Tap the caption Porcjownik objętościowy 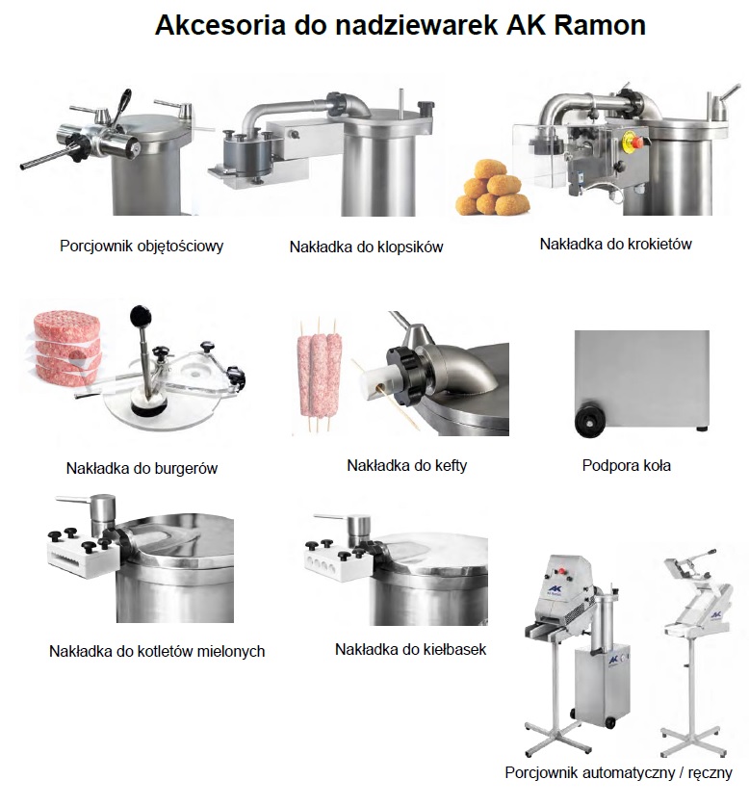(142, 247)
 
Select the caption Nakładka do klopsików (366, 247)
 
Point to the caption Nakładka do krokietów (615, 244)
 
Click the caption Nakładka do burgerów (142, 468)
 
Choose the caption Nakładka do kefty (406, 466)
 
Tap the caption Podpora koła (626, 466)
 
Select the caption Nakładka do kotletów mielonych (157, 651)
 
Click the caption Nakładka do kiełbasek (410, 649)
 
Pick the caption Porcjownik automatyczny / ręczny (618, 772)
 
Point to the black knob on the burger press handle (141, 314)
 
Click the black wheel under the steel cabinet (587, 423)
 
